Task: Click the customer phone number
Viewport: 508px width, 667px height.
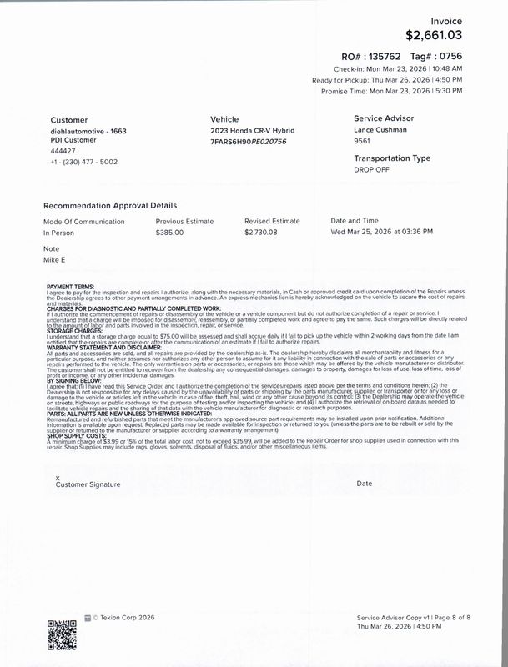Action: (83, 161)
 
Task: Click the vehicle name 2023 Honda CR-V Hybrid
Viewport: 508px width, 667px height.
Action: (252, 132)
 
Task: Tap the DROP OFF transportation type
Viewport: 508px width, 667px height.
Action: (372, 169)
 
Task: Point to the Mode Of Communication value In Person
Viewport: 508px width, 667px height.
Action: (59, 233)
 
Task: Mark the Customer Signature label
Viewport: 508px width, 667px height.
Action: (87, 484)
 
